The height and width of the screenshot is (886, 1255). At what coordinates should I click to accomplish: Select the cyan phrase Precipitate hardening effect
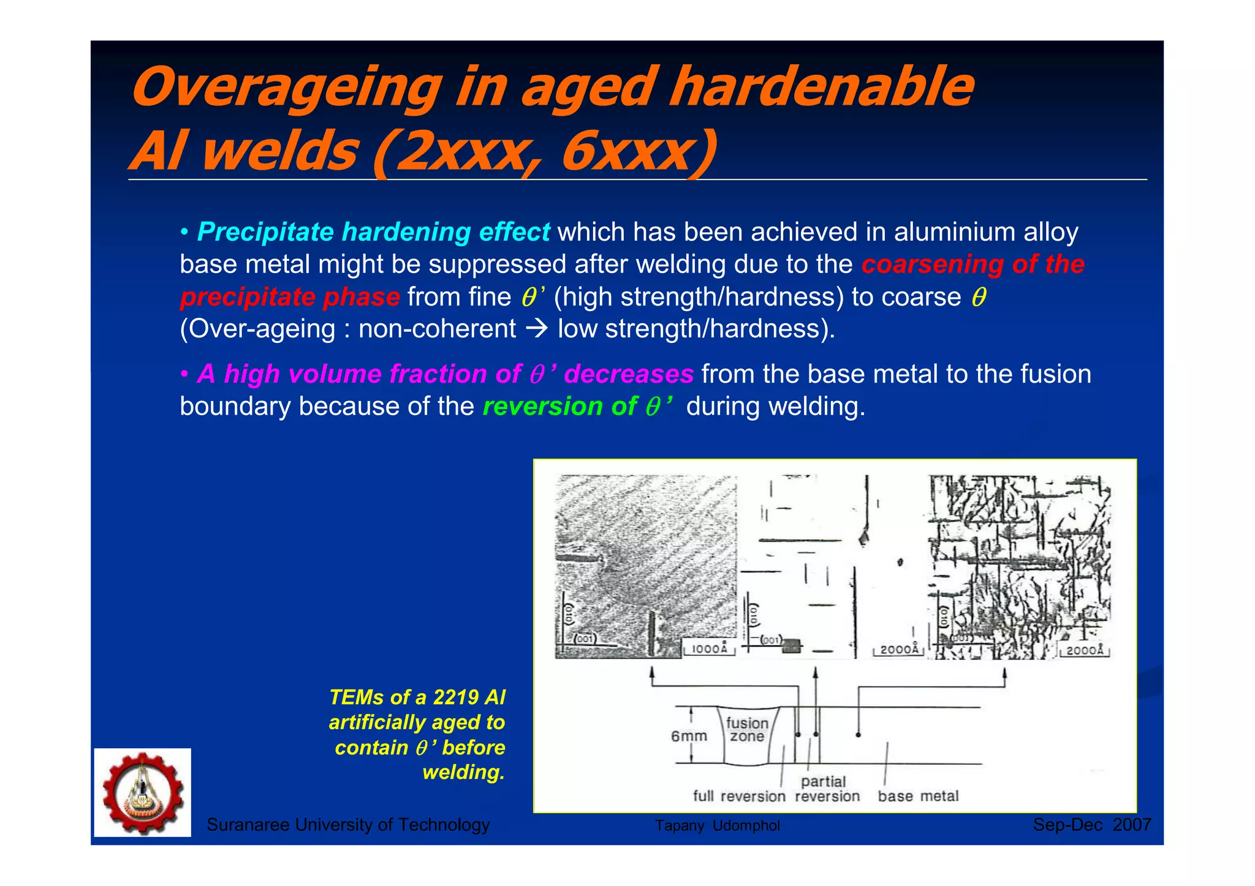pos(373,232)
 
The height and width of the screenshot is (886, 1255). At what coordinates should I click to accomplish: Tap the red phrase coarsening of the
pos(973,265)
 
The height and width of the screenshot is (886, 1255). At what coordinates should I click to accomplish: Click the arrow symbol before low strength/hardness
pos(537,329)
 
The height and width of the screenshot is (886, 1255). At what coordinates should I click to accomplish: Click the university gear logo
pos(142,792)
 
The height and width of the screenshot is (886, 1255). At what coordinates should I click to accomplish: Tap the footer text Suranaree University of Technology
pos(348,825)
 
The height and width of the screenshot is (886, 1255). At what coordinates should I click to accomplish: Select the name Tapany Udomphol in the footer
pos(717,826)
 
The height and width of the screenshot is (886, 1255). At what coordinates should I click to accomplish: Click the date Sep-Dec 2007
pos(1091,825)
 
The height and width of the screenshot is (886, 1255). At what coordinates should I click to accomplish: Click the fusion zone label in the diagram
pos(747,730)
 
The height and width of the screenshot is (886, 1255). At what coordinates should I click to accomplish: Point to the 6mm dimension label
pos(689,736)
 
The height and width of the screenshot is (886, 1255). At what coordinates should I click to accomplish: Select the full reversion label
pos(738,796)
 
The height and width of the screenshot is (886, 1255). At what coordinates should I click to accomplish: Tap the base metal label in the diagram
pos(918,796)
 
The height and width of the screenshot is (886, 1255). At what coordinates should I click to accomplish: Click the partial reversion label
pos(827,789)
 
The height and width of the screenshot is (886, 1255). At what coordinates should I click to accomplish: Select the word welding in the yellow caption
pos(463,773)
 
